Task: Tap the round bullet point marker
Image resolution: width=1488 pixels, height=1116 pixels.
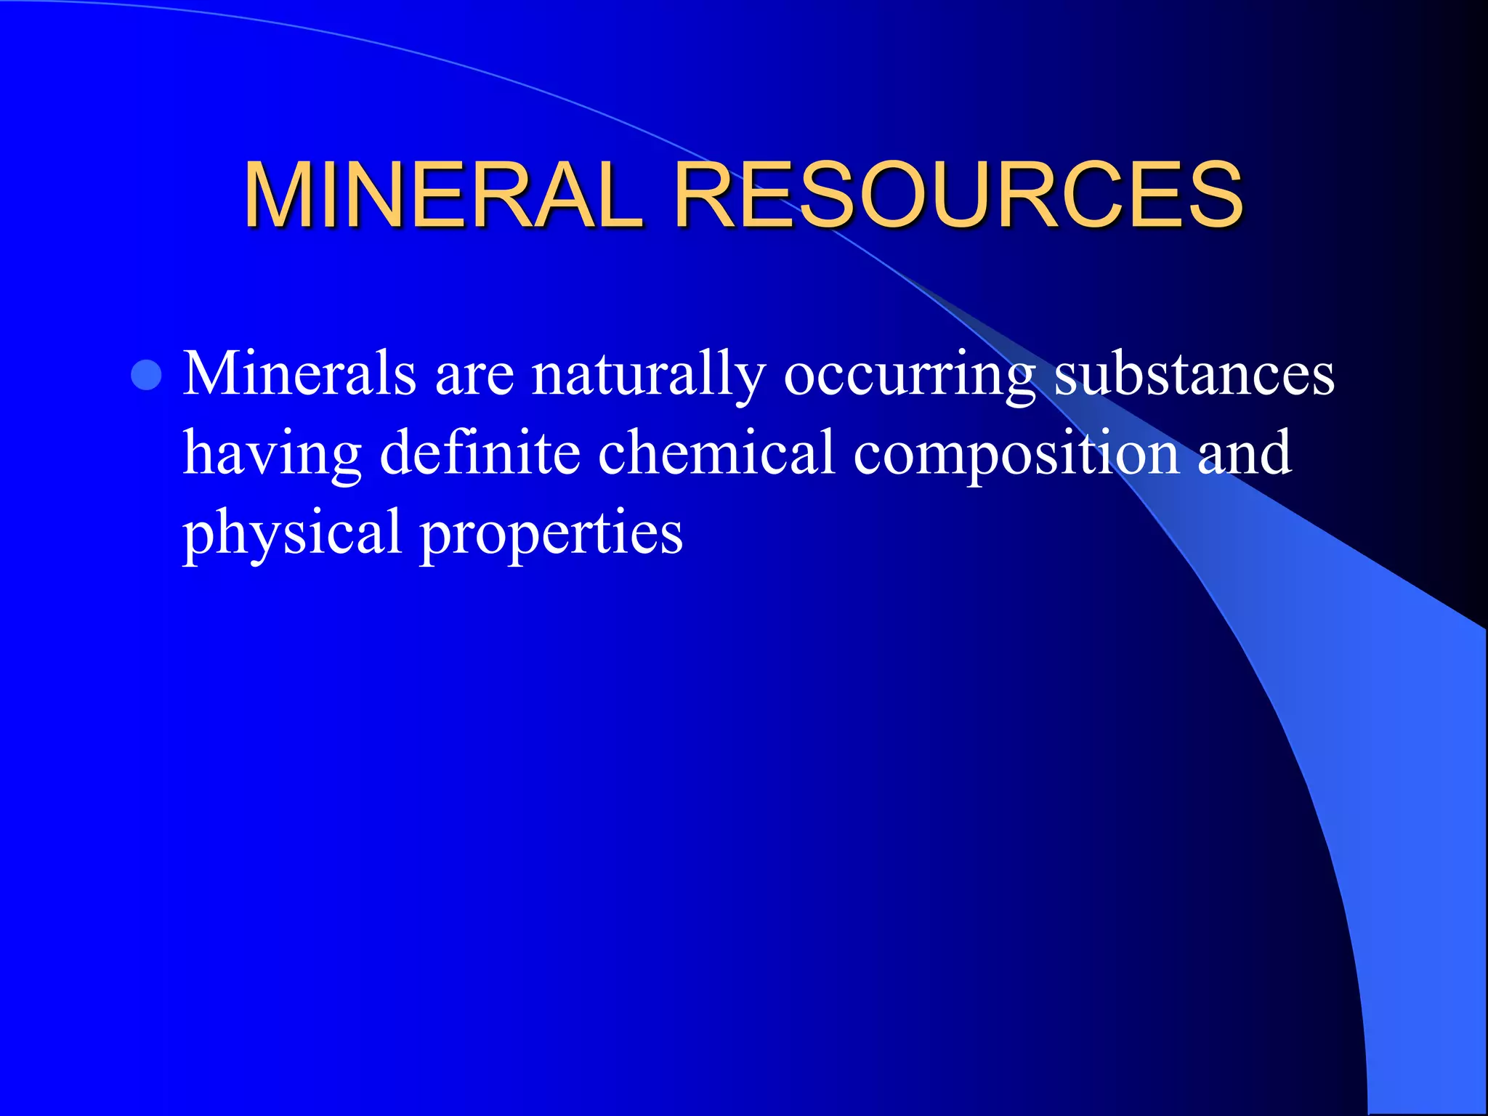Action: point(147,375)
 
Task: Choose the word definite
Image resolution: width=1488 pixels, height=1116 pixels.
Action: point(480,452)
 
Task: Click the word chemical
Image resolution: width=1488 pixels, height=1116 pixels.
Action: point(716,452)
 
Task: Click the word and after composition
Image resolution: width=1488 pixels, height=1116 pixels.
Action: point(1244,452)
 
